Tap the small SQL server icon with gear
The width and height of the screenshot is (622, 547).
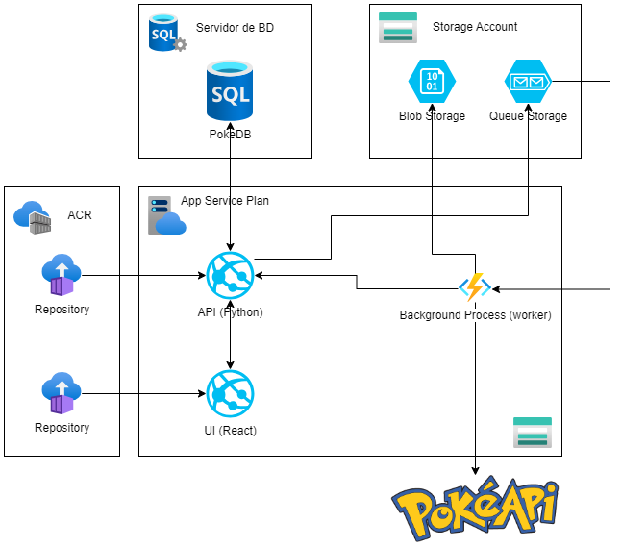[166, 34]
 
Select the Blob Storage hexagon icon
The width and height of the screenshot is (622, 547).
[432, 83]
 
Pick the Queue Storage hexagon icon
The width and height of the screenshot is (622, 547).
[528, 83]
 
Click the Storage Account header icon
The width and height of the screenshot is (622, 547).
[398, 28]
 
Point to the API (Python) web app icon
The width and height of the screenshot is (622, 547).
[230, 276]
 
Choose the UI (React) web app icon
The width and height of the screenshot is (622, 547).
[230, 393]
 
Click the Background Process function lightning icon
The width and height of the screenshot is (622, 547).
[475, 287]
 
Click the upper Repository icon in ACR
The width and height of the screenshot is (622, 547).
[62, 276]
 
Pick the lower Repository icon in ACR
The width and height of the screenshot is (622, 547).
[62, 393]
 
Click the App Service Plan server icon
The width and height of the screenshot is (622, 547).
[166, 215]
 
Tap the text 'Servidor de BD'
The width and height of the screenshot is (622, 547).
[235, 28]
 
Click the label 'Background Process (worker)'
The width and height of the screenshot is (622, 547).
[475, 315]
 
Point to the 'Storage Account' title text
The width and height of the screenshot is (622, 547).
[475, 27]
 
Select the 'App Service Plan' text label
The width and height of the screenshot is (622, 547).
[225, 201]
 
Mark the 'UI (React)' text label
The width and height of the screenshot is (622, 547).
[230, 430]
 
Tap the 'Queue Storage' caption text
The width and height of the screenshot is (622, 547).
[528, 116]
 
